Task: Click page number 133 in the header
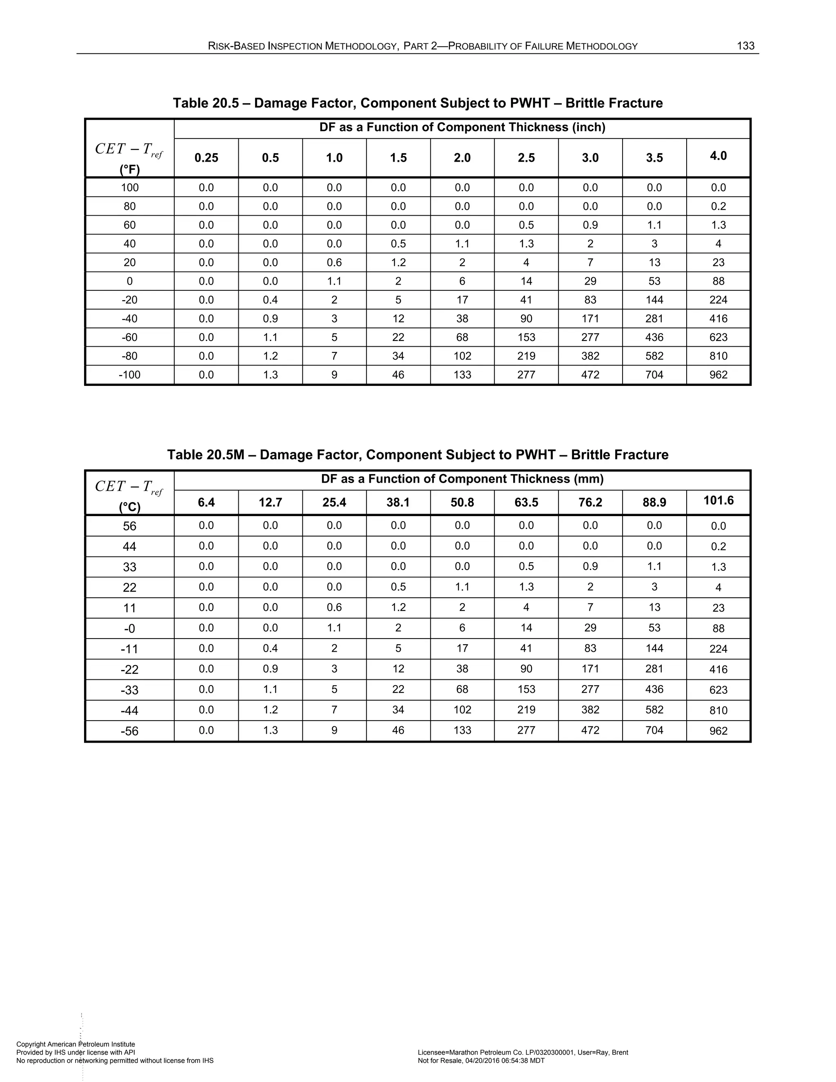(745, 46)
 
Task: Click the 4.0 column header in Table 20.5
(718, 156)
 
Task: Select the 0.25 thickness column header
(206, 158)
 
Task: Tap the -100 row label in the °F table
(129, 374)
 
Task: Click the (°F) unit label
(129, 170)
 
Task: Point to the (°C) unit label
(129, 507)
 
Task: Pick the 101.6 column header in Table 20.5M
(718, 501)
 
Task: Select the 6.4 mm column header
(206, 502)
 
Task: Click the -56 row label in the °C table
(129, 731)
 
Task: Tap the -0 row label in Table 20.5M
(129, 629)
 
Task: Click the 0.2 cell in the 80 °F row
(718, 206)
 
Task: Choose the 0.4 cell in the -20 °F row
(270, 300)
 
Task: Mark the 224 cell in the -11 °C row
(718, 649)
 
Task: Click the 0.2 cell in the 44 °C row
(718, 546)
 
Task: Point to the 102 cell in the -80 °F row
(462, 356)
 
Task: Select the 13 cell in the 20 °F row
(654, 263)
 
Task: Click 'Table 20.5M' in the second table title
(206, 455)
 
